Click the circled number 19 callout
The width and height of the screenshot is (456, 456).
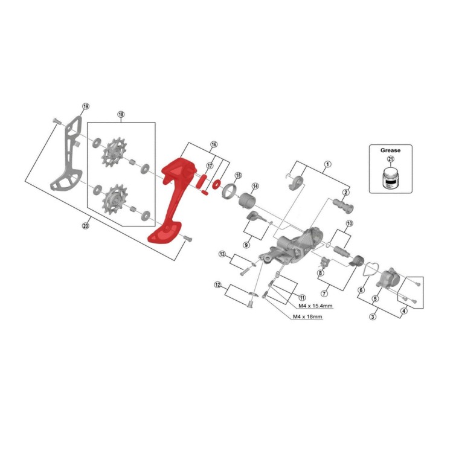[86, 106]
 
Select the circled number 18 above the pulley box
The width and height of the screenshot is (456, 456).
[121, 114]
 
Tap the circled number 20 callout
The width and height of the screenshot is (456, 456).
[85, 225]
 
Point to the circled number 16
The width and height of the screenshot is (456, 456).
[214, 144]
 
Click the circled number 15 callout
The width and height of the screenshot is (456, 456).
[238, 175]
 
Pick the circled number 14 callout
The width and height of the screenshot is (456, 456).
[255, 186]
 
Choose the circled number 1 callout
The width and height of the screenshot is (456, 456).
[327, 164]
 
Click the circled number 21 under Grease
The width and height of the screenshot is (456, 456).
[391, 159]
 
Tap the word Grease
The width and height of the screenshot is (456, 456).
[390, 150]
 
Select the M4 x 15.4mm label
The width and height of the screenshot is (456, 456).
[315, 306]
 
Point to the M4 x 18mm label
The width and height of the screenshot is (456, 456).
[307, 316]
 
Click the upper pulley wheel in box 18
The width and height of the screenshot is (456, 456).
[112, 152]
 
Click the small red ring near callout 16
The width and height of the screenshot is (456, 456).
[216, 184]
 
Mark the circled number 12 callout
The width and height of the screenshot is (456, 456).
[217, 284]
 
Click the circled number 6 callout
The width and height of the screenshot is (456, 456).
[361, 291]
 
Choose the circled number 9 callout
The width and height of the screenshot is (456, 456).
[246, 245]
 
